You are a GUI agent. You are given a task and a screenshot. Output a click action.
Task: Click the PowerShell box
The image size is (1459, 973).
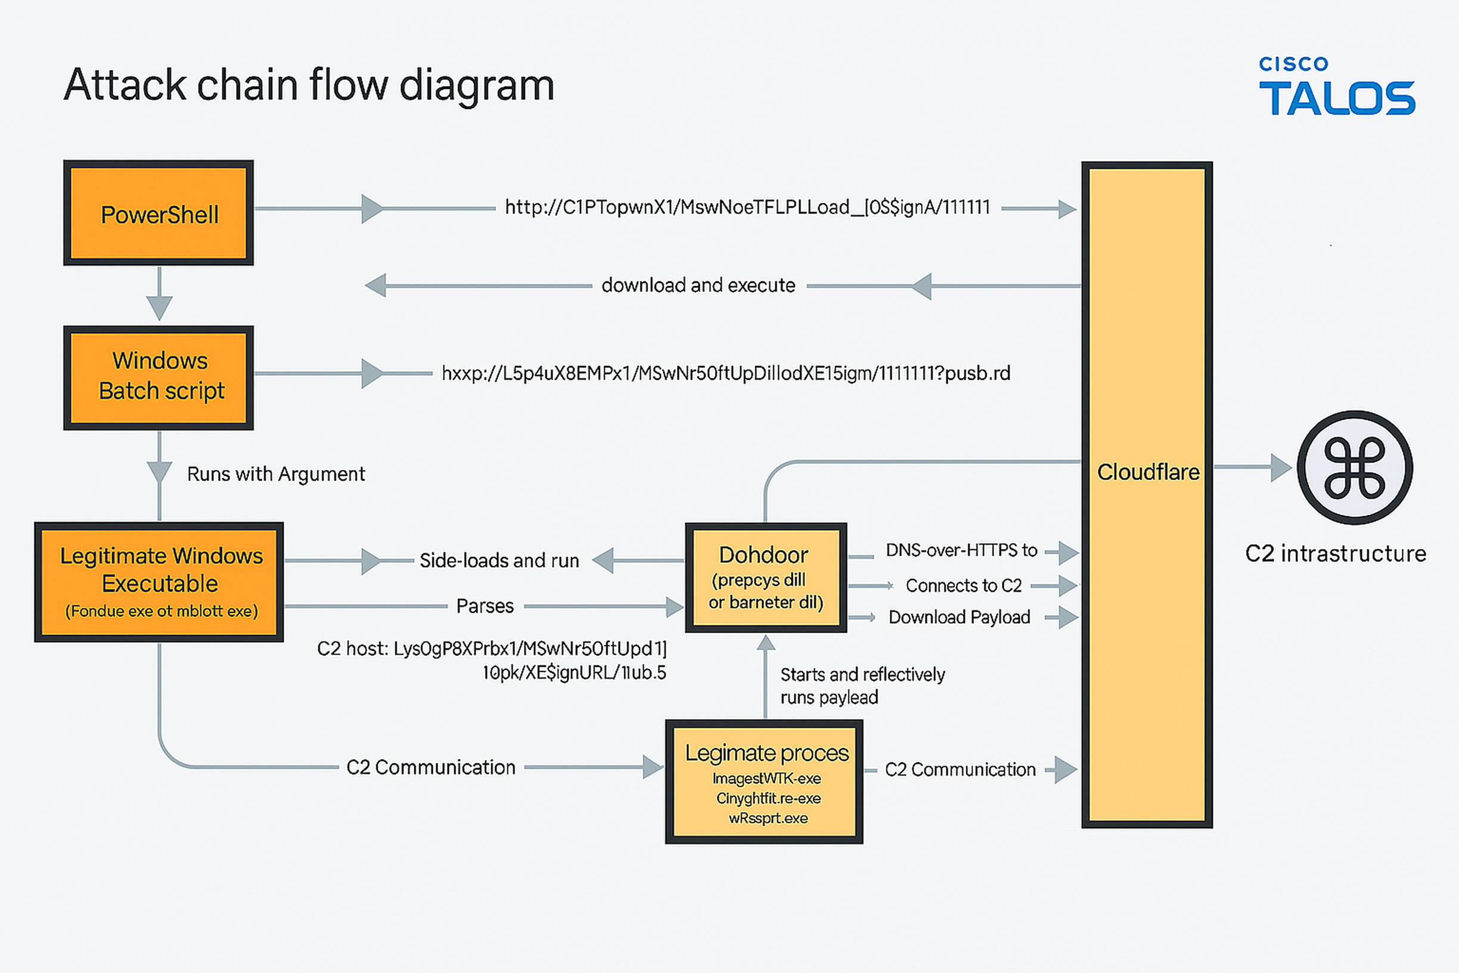coord(159,213)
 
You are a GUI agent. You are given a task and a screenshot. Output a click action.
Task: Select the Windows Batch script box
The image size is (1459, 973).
coord(159,377)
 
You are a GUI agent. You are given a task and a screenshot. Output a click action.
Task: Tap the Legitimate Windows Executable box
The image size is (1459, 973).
coord(159,582)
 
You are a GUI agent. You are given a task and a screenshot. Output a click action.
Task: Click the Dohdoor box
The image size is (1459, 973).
coord(765,578)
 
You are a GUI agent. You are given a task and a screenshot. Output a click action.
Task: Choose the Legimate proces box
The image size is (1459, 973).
coord(764,781)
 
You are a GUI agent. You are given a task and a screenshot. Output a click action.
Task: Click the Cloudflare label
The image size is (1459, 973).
coord(1148,472)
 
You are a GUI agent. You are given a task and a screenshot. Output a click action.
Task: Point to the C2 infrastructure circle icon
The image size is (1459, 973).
coord(1355,468)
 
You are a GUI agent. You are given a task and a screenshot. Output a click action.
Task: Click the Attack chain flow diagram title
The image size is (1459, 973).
coord(309,85)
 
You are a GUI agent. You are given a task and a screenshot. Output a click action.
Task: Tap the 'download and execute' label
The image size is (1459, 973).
coord(699,286)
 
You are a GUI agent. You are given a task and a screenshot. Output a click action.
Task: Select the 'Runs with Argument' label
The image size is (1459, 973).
coord(276,474)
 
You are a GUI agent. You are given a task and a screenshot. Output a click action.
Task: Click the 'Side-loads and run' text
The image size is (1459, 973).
coord(499,560)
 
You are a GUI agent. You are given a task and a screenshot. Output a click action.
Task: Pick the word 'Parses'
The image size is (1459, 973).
coord(485,606)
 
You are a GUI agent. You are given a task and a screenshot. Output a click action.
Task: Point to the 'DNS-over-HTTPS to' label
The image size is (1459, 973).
coord(961,550)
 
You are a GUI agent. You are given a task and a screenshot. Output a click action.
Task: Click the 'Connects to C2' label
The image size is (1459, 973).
coord(963,586)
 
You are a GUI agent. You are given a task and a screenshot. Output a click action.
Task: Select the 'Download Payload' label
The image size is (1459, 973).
coord(959,618)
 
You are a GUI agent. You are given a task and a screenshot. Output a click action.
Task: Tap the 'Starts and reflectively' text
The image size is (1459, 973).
coord(862,674)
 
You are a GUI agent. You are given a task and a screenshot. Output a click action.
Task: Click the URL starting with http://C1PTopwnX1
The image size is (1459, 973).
coord(747,207)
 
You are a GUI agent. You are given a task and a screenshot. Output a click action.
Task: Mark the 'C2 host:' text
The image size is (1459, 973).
coord(352,649)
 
